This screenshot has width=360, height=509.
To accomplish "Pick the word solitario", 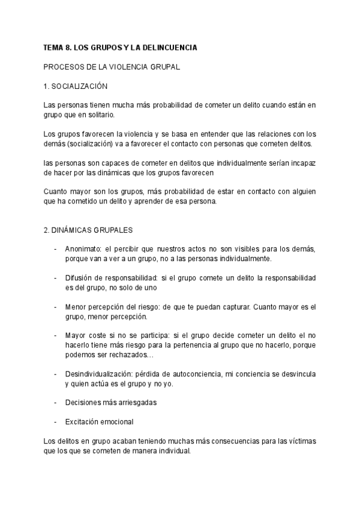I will click(x=96, y=115).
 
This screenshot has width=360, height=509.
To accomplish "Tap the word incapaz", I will click(x=302, y=163).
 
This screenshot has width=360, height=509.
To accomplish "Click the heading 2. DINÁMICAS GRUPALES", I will click(x=88, y=230).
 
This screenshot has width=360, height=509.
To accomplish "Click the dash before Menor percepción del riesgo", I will click(x=55, y=307).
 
